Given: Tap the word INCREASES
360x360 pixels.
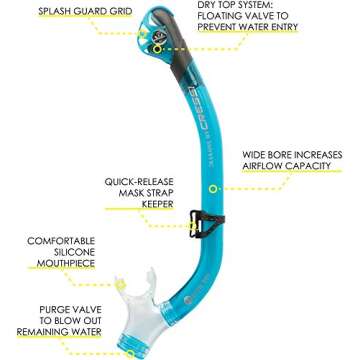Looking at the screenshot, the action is [x=317, y=156].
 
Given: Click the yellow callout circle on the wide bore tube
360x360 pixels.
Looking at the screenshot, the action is [x=212, y=188].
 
